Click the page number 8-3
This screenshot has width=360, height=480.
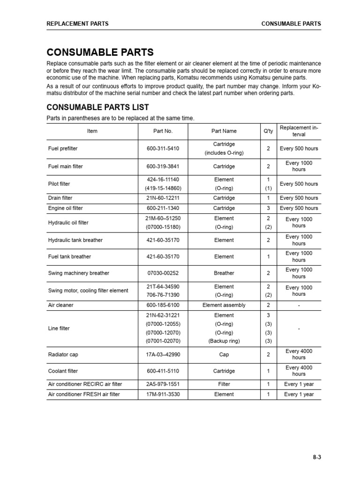316,458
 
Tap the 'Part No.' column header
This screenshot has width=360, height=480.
163,131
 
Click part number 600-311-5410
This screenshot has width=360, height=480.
163,149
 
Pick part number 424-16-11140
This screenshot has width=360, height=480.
163,180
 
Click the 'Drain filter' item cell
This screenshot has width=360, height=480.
60,198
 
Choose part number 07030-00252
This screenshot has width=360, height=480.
163,273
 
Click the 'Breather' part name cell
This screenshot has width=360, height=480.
224,273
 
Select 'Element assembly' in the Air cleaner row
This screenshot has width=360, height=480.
224,305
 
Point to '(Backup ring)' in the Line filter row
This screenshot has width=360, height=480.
224,341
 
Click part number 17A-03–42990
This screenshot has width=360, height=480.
163,355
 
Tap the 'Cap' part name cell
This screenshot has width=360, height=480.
224,355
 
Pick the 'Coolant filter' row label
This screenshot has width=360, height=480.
63,371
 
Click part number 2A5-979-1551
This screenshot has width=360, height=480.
163,384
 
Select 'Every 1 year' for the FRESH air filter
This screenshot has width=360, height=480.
299,395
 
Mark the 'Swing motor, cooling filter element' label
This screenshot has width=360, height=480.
88,291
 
